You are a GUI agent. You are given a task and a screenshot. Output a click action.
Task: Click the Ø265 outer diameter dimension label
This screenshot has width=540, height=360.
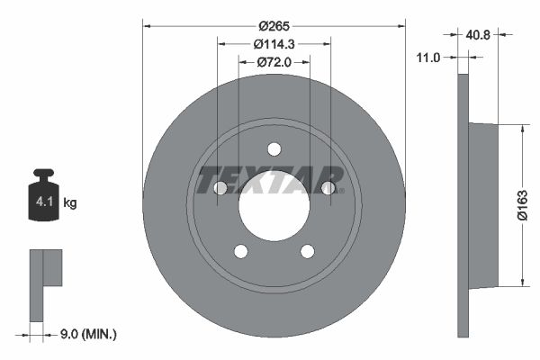(x=274, y=27)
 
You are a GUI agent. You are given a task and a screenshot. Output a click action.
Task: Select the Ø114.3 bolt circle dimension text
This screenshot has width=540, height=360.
(x=274, y=44)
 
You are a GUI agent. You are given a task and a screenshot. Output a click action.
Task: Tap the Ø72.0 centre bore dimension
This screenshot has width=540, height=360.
(x=274, y=62)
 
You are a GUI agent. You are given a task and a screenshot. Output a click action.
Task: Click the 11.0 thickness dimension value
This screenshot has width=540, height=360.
(x=428, y=57)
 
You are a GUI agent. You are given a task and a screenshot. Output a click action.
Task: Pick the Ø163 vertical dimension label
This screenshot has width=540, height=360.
(x=520, y=205)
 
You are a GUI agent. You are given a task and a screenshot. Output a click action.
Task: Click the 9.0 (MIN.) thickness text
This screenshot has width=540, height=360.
(x=86, y=334)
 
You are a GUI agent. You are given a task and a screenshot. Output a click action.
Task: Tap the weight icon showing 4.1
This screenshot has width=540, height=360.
(x=43, y=196)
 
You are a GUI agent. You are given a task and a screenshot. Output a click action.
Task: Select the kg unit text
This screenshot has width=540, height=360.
(x=70, y=203)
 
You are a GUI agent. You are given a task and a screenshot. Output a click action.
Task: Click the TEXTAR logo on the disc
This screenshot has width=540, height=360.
(x=270, y=180)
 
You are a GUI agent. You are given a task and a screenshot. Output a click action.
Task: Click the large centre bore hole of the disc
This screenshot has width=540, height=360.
(x=274, y=205)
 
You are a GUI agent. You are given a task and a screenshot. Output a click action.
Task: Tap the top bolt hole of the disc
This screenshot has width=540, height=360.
(x=274, y=149)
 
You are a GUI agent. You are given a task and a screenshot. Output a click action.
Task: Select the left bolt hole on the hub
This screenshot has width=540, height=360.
(x=220, y=188)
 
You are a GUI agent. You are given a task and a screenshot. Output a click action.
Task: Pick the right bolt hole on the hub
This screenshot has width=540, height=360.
(x=328, y=188)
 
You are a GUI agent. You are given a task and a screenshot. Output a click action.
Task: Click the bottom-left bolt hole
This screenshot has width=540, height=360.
(x=240, y=251)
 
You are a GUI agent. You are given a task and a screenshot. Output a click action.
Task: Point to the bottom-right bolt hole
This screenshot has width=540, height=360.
(x=307, y=251)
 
